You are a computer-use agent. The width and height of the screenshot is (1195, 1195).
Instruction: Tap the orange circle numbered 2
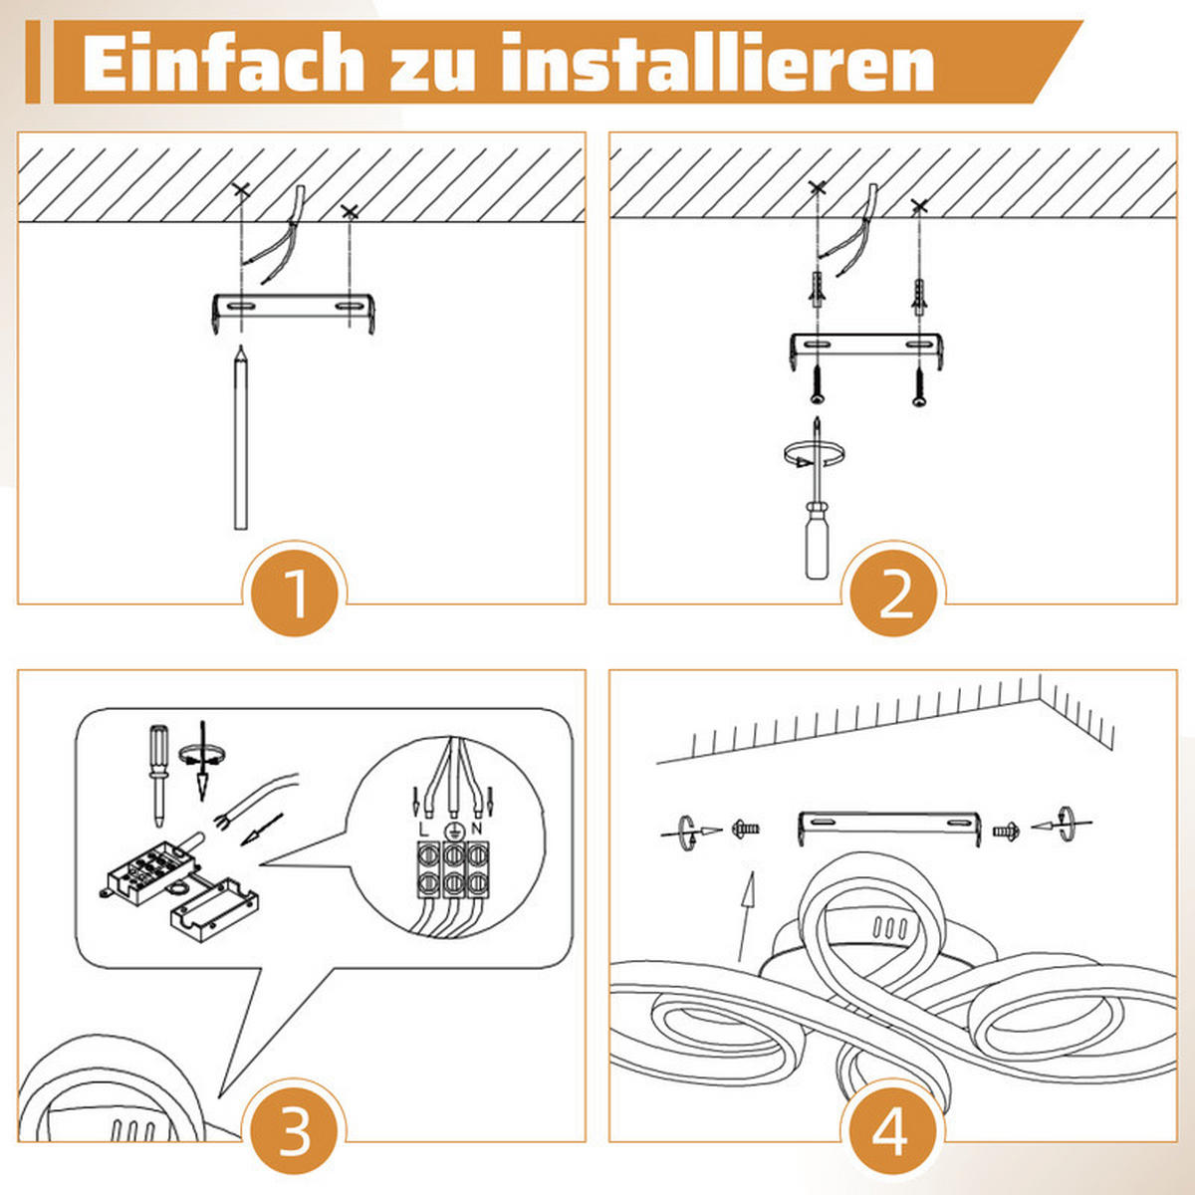pyautogui.click(x=893, y=594)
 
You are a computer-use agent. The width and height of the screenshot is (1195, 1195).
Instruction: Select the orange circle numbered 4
pyautogui.click(x=891, y=1133)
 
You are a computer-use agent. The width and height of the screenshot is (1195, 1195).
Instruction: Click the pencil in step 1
pyautogui.click(x=240, y=438)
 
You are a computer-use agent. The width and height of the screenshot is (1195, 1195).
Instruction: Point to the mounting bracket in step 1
pyautogui.click(x=293, y=308)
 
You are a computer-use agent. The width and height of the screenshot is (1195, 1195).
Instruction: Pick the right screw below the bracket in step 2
pyautogui.click(x=918, y=383)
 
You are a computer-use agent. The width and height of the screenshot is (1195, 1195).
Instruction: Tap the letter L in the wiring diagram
pyautogui.click(x=424, y=828)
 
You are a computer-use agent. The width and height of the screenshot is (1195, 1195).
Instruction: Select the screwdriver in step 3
pyautogui.click(x=157, y=772)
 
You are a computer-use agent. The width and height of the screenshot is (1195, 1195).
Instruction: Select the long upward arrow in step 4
pyautogui.click(x=747, y=916)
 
